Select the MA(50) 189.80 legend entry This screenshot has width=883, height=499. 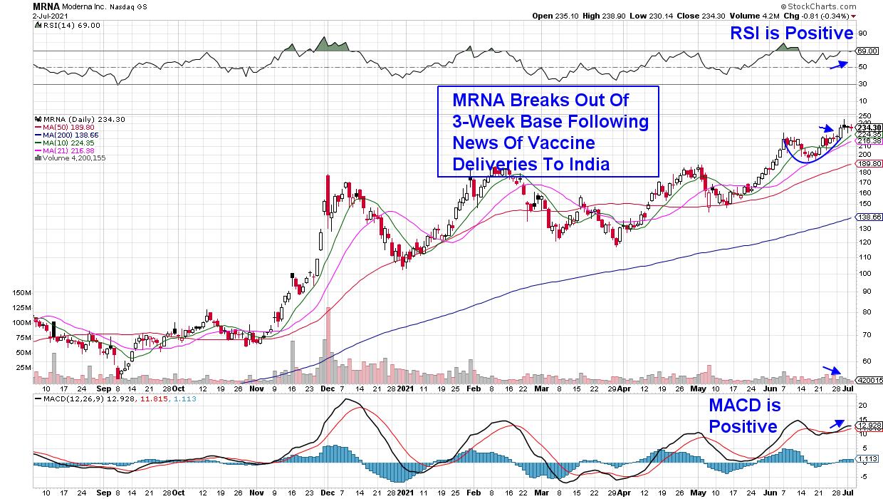click(x=66, y=127)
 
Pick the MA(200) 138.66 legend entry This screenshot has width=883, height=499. click(x=67, y=135)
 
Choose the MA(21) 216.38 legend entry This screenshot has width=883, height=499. click(x=66, y=150)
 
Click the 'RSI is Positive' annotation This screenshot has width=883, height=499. click(x=790, y=34)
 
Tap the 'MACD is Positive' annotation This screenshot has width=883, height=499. click(x=744, y=416)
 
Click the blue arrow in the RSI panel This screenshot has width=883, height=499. click(x=839, y=65)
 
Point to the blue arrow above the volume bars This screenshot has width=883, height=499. click(x=832, y=370)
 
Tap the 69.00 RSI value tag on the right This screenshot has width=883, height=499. click(x=867, y=51)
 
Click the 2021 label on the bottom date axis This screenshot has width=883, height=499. click(x=404, y=389)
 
